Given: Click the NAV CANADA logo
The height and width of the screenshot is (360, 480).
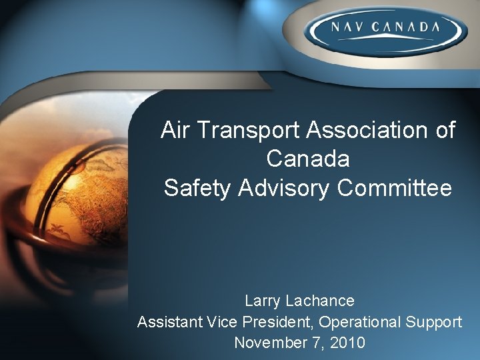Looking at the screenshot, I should tap(383, 29).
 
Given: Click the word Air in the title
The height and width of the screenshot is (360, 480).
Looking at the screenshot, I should tap(175, 130).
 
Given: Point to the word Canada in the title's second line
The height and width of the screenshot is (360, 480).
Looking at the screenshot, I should tap(307, 159).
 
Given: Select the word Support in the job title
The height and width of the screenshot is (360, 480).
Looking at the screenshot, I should tap(434, 322).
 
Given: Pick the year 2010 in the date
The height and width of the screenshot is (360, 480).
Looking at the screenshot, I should tap(349, 343).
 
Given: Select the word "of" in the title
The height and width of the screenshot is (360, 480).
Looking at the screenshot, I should tap(445, 130).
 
